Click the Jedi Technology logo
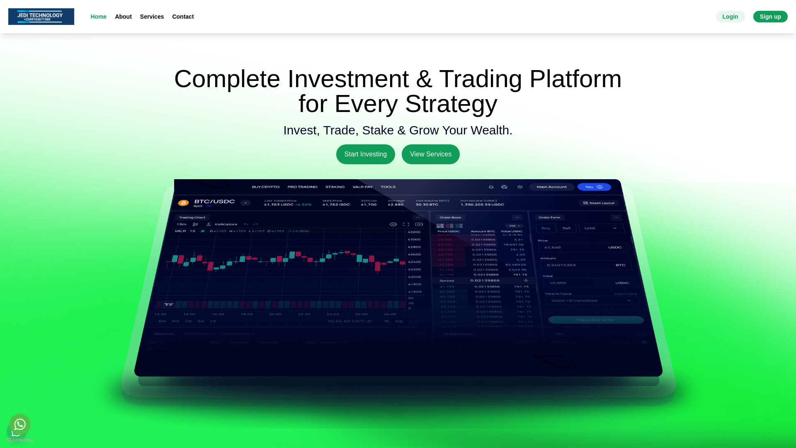click(41, 17)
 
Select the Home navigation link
click(98, 17)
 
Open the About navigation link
click(123, 17)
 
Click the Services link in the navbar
click(152, 17)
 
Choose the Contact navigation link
click(183, 17)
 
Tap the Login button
click(730, 17)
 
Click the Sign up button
click(770, 17)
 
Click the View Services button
click(430, 154)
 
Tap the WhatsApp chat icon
click(20, 424)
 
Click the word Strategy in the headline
click(451, 104)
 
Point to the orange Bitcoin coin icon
click(183, 203)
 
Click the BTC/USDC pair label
click(214, 202)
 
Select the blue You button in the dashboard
click(594, 187)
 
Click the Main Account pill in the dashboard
click(551, 187)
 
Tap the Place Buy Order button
click(596, 320)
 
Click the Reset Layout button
click(599, 203)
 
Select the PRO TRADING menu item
click(302, 187)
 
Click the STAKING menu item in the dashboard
click(335, 187)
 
